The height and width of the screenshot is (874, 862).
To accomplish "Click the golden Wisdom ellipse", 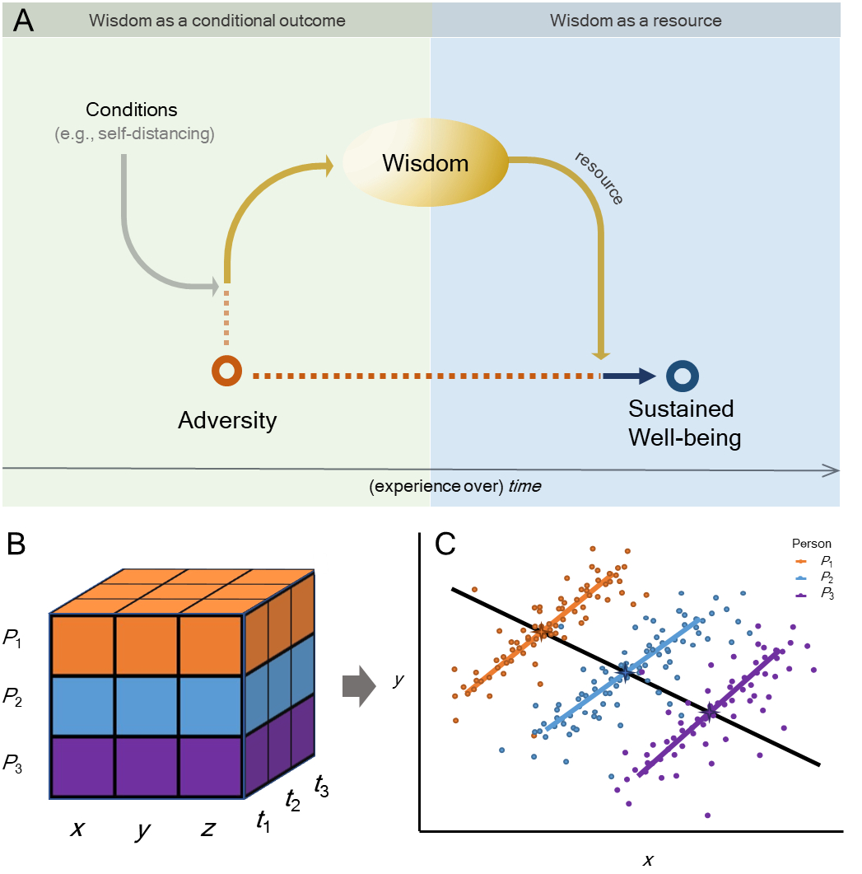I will pyautogui.click(x=425, y=163).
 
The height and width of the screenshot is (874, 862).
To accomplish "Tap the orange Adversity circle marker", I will pyautogui.click(x=226, y=372).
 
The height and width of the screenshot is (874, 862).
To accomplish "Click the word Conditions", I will pyautogui.click(x=131, y=109).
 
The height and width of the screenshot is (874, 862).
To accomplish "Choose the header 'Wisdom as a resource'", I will pyautogui.click(x=636, y=21).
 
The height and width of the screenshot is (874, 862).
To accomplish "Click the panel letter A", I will pyautogui.click(x=23, y=21).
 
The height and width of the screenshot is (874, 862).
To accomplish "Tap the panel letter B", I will pyautogui.click(x=21, y=544).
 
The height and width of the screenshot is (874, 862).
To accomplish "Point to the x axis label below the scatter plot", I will pyautogui.click(x=648, y=861).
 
